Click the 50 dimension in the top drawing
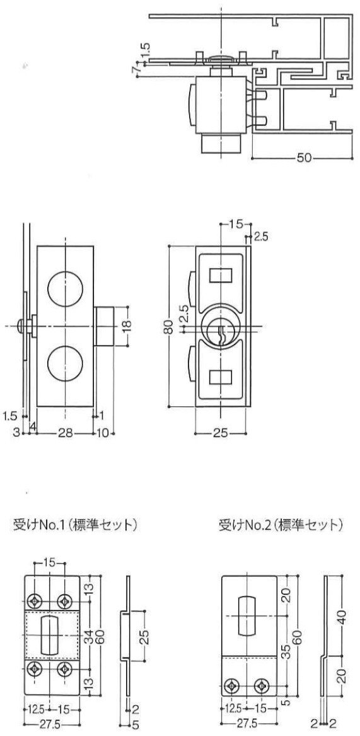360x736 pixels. point(304,158)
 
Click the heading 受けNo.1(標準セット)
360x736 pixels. point(75,525)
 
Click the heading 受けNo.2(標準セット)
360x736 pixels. point(279,525)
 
